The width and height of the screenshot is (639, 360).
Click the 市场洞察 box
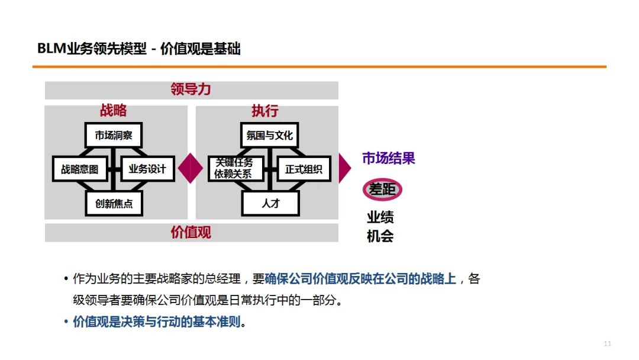coord(114,135)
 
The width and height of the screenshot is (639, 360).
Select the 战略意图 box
coord(80,169)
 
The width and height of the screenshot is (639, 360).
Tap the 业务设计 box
coord(147,169)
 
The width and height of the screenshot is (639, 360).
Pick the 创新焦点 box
coord(114,204)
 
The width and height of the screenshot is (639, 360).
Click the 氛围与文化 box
coord(270,135)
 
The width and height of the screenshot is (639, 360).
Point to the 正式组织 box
coord(304,169)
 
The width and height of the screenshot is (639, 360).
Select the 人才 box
coord(270,204)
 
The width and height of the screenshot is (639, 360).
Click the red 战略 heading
coord(113,111)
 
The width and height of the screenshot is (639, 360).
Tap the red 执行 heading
coord(264,111)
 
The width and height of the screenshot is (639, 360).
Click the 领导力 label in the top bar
coord(191,90)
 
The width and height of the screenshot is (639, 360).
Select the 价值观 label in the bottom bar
coord(191,232)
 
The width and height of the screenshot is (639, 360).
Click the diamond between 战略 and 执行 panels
coord(191,168)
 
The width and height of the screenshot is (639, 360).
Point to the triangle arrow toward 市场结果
coord(344,168)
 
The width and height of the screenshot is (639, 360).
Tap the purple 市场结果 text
coord(388,158)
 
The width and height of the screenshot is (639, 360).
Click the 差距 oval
coord(382,189)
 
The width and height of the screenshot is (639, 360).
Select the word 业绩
coord(380,217)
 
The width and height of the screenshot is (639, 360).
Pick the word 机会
coord(380,236)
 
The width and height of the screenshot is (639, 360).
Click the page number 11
coord(607,344)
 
